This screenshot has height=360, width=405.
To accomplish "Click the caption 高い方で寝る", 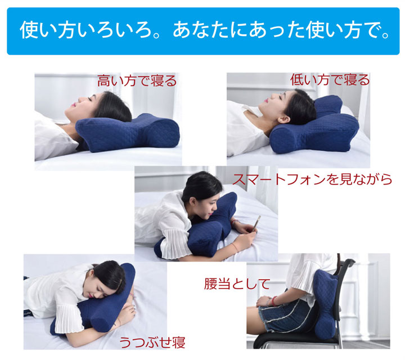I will click(x=137, y=80).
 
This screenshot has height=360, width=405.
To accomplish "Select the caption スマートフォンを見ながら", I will click(x=312, y=179).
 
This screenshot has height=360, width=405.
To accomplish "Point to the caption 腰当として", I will click(x=237, y=283).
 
